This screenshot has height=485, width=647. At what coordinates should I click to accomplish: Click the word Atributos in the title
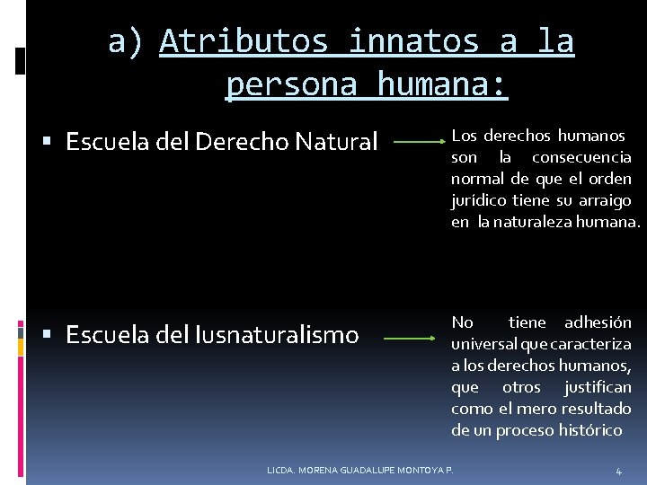coord(244,42)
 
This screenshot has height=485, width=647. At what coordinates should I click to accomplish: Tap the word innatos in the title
coord(412,42)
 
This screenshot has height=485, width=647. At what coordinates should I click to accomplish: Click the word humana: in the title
coord(443,85)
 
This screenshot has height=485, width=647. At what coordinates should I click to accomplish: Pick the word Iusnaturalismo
coord(277,336)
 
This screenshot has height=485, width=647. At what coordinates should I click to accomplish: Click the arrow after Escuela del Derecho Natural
coord(419,142)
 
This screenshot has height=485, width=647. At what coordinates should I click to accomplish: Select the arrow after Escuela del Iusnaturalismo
coord(410,339)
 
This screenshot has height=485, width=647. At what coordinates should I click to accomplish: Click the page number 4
coord(618,471)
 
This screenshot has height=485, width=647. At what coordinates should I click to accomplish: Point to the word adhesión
coord(597,322)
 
